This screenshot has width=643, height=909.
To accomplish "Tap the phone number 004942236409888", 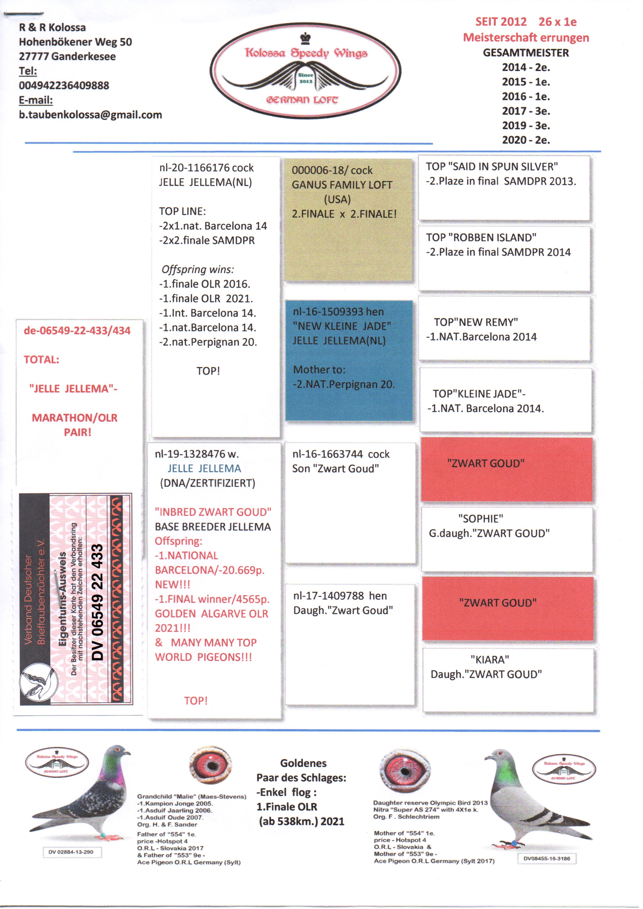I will (x=64, y=85).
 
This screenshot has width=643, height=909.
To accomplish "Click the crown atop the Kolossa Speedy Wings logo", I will (x=305, y=38).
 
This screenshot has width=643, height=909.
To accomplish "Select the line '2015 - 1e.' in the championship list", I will (x=526, y=82).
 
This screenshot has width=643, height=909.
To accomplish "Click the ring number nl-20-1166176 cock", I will (x=206, y=168).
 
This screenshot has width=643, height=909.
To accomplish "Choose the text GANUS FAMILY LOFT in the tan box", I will (x=342, y=185).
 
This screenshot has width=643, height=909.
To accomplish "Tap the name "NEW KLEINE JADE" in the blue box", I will (x=342, y=326).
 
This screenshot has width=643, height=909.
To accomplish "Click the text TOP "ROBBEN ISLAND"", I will (x=481, y=238).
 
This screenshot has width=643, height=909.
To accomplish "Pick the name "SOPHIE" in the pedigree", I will (x=481, y=519).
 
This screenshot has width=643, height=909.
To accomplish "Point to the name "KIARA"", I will (x=490, y=660).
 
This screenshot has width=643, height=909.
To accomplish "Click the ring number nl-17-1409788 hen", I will (x=340, y=596).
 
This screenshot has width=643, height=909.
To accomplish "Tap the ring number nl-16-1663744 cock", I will (x=341, y=454).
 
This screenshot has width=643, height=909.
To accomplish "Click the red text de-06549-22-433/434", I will (x=77, y=331).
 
